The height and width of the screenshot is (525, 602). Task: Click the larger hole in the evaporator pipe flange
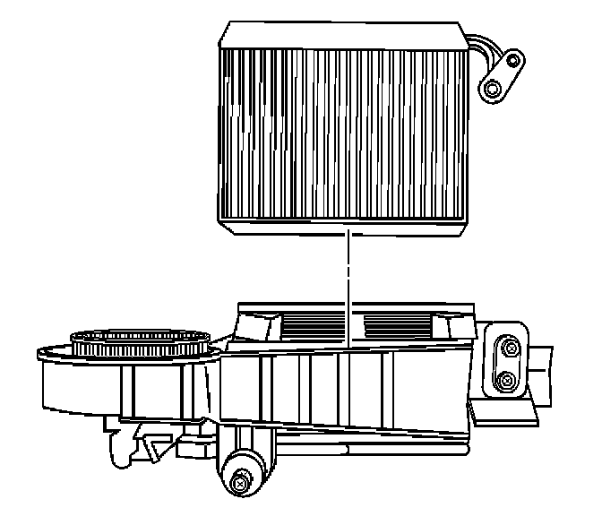coord(492,89)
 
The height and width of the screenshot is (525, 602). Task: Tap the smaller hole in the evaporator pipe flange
coord(512,61)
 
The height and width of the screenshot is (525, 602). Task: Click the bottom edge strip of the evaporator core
coord(345,219)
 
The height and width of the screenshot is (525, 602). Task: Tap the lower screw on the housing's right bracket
coord(507,383)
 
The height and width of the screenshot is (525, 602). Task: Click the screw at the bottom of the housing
coord(239,484)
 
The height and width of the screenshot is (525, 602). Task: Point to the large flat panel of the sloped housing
coord(340,385)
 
